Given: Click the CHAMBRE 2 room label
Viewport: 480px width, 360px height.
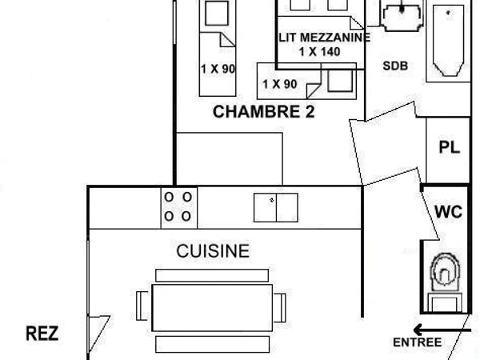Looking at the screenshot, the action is point(263,112).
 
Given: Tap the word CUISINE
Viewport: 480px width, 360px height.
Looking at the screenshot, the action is point(213,251).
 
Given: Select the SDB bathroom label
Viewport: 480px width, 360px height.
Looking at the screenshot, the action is point(395,66).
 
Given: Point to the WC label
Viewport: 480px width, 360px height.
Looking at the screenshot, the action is point(449,211).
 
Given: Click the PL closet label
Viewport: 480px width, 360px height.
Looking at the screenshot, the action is point(450,147).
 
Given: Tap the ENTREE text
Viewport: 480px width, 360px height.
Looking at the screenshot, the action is point(418,342).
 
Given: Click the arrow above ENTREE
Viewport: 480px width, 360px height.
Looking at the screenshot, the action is point(442,330).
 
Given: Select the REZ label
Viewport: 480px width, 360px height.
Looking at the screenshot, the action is point(42,334).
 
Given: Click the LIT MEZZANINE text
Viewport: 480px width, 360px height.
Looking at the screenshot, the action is point(325,38).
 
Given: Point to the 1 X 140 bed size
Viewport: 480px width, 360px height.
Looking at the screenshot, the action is point(319,52).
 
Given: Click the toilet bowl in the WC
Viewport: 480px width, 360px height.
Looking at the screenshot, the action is point(445,272).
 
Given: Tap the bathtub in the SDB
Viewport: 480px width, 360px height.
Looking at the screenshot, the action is point(448,41).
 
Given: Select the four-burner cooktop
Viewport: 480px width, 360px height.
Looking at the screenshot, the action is point(179,208).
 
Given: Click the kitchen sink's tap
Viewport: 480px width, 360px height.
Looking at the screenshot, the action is point(271,200).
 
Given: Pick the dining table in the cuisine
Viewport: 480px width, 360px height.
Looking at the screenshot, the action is point(212,308).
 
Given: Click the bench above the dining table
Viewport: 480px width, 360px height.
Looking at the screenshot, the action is point(212,275).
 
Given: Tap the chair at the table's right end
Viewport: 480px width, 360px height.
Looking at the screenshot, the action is point(279,308).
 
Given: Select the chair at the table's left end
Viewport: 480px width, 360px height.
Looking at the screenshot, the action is point(142,306).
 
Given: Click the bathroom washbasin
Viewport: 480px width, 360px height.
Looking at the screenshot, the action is point(402,16).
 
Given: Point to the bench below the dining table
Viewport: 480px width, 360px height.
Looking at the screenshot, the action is point(213,344).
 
